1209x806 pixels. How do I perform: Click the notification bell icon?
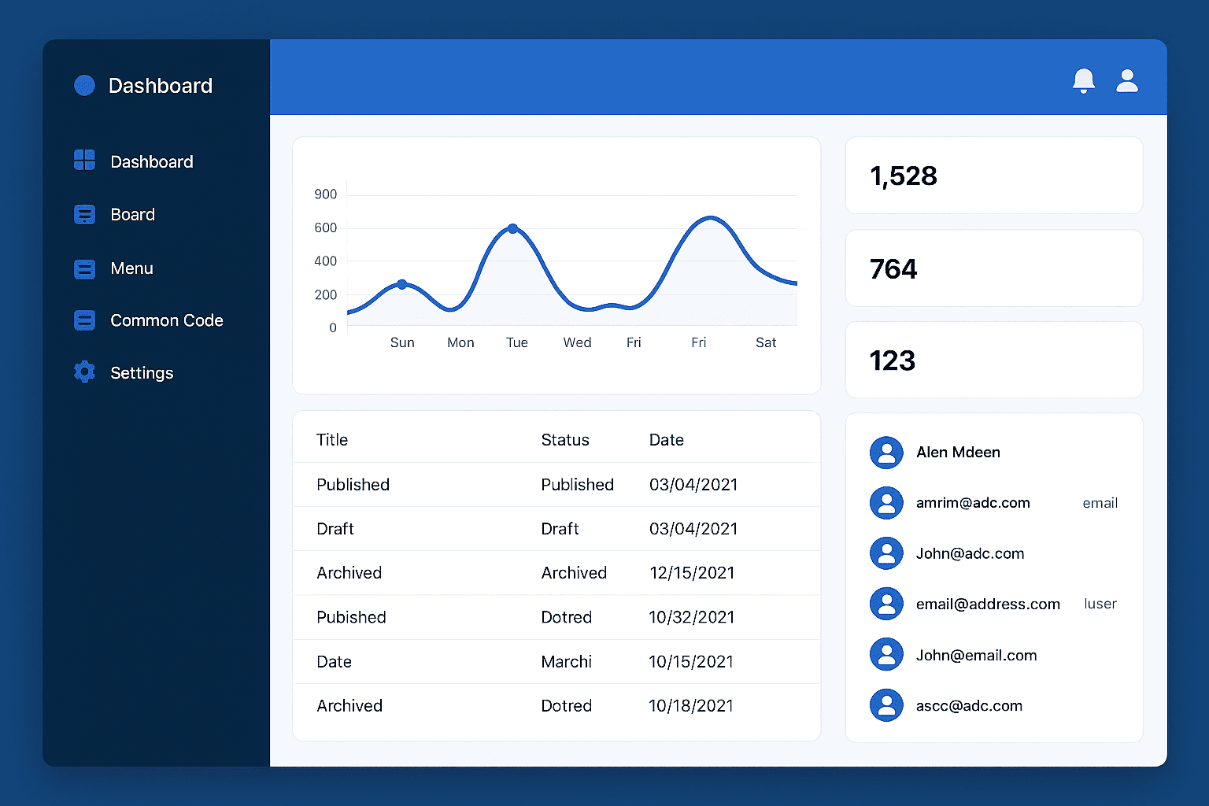point(1084,80)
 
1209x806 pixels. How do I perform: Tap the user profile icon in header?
point(1127,80)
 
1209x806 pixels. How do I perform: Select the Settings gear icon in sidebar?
point(84,372)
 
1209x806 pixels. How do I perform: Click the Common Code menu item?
point(166,320)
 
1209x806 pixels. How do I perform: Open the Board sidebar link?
point(132,214)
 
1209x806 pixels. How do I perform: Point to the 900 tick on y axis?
point(325,194)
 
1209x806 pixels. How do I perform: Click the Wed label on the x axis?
point(577,342)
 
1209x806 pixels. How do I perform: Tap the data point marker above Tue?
point(512,228)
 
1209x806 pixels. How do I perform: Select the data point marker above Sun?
point(401,284)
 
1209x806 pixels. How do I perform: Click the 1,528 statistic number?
point(903,176)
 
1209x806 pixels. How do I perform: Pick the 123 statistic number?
point(892,360)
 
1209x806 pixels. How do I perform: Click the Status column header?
point(564,440)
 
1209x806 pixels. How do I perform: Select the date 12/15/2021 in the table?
point(692,573)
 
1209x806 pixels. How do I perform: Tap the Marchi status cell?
point(566,662)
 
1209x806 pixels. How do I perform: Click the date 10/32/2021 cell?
point(691,617)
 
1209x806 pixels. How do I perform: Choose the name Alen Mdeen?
point(958,453)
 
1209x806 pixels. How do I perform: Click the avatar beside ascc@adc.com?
point(886,705)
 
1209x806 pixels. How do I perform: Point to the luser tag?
point(1100,604)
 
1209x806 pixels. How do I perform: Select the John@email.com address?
point(976,655)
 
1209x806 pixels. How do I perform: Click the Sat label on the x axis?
point(765,342)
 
